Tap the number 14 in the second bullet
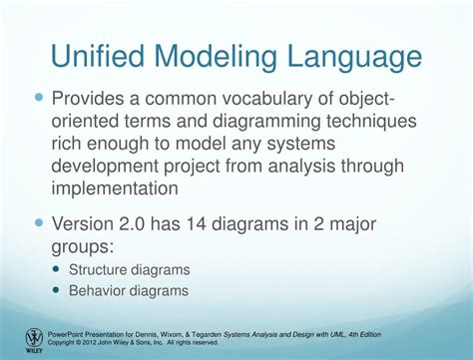click(x=227, y=225)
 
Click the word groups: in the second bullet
click(x=95, y=247)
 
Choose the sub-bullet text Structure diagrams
click(x=129, y=269)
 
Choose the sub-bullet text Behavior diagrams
click(x=129, y=290)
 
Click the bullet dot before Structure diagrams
click(x=55, y=269)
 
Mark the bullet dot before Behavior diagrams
click(x=55, y=290)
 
